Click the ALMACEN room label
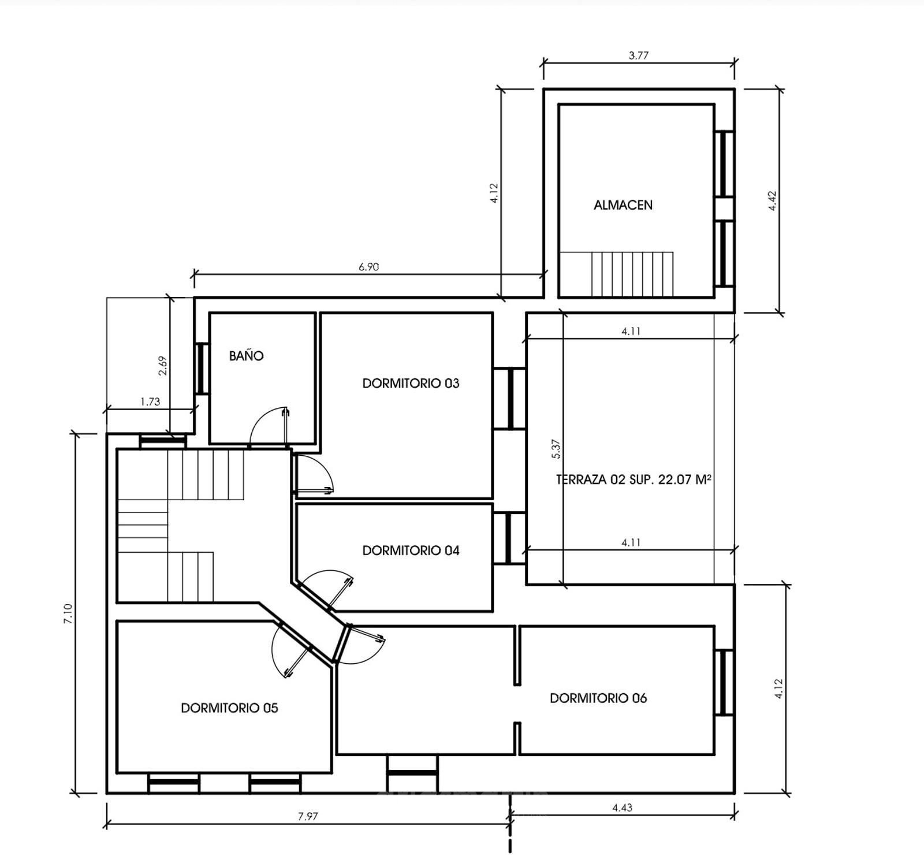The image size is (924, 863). click(x=623, y=205)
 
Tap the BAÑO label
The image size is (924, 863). click(x=246, y=356)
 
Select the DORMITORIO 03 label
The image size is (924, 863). click(x=411, y=384)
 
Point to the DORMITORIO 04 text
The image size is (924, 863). click(x=411, y=550)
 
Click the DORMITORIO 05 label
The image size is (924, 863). click(x=229, y=708)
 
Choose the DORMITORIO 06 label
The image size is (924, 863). click(x=598, y=698)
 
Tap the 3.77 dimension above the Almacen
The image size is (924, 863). click(x=639, y=55)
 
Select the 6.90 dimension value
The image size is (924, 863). click(x=368, y=267)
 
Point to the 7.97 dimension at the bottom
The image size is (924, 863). click(x=308, y=816)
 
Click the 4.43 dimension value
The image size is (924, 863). click(x=622, y=808)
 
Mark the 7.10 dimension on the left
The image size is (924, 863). click(x=68, y=613)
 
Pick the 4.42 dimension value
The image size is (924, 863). click(x=773, y=200)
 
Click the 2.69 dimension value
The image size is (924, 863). click(x=163, y=366)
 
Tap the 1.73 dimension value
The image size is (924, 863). click(x=150, y=401)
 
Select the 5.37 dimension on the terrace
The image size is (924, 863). click(x=556, y=449)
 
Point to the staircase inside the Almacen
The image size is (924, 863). click(x=617, y=274)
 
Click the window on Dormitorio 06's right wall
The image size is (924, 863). click(x=724, y=683)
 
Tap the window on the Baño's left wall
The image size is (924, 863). click(x=202, y=369)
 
